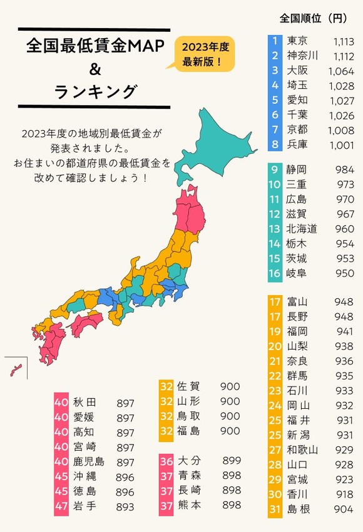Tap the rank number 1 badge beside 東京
pyautogui.click(x=274, y=42)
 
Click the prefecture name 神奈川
pyautogui.click(x=302, y=56)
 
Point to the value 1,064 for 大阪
pyautogui.click(x=341, y=71)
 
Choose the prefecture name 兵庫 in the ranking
pyautogui.click(x=297, y=144)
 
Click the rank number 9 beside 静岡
pyautogui.click(x=274, y=170)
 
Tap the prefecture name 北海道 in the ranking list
pyautogui.click(x=302, y=229)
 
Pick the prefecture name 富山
pyautogui.click(x=297, y=303)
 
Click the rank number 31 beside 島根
pyautogui.click(x=274, y=509)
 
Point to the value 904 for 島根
pyautogui.click(x=344, y=509)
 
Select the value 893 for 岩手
pyautogui.click(x=125, y=506)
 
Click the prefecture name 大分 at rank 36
pyautogui.click(x=188, y=461)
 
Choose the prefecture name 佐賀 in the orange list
pyautogui.click(x=188, y=386)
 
